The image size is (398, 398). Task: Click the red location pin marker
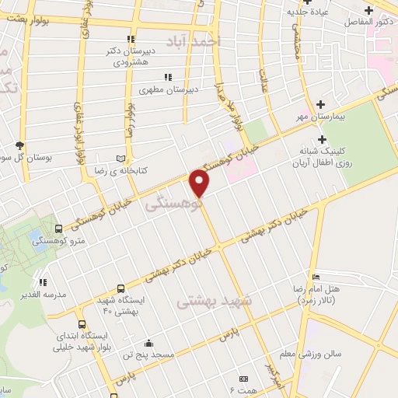click(201, 183)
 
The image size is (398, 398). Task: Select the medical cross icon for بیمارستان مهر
click(320, 103)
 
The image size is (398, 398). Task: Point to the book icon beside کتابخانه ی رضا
click(120, 155)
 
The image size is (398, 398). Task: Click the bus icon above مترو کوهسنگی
click(59, 229)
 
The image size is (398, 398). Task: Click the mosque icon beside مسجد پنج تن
click(148, 344)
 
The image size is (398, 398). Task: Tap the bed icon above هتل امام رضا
click(315, 278)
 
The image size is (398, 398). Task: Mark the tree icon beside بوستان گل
click(21, 145)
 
